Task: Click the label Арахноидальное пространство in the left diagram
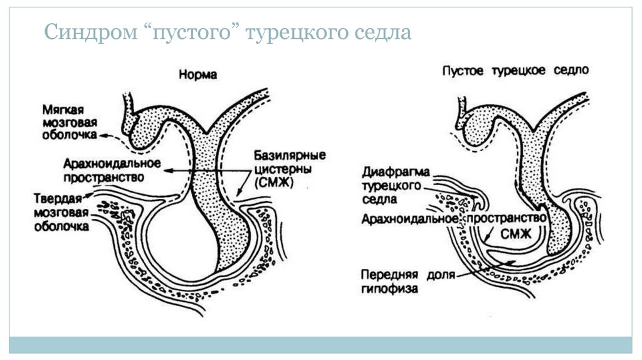point(112,170)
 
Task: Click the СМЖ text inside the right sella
point(515,234)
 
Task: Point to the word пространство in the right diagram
point(506,217)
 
